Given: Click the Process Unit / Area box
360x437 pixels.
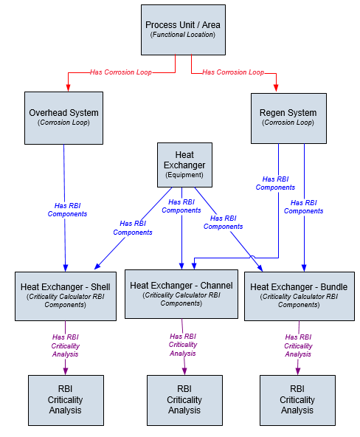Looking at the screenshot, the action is point(183,30).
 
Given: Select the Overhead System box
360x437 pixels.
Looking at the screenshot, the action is point(63,118).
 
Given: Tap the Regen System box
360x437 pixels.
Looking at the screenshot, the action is point(288,118).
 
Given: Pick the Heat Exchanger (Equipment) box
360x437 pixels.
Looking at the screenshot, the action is point(184,165).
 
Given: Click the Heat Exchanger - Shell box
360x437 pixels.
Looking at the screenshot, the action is point(66,296).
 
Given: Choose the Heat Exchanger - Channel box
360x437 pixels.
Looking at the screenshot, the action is point(181,294).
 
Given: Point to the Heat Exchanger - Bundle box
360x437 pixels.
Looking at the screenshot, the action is point(300,296).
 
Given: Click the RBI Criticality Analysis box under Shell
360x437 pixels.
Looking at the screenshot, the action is point(66,400).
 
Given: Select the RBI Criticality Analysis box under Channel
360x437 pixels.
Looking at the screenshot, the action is point(184,400).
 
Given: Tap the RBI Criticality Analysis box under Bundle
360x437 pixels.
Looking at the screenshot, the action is point(297,400).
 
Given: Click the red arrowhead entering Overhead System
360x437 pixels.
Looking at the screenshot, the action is point(68,87).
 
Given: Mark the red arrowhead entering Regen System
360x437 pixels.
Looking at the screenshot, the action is point(276,88).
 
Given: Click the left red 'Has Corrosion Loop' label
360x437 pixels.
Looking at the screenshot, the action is point(121,72).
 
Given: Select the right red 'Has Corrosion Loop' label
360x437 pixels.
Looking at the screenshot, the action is point(233,72).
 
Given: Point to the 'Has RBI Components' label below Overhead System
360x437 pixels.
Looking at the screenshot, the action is point(67,210).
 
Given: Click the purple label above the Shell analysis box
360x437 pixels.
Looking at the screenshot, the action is point(66,345).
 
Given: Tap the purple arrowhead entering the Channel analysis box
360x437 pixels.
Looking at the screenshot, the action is point(184,371).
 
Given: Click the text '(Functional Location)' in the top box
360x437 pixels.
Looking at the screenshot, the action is point(183,35).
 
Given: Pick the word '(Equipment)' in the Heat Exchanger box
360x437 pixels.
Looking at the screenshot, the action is point(184,175).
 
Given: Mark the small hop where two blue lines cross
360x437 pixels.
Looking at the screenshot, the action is point(252,256).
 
